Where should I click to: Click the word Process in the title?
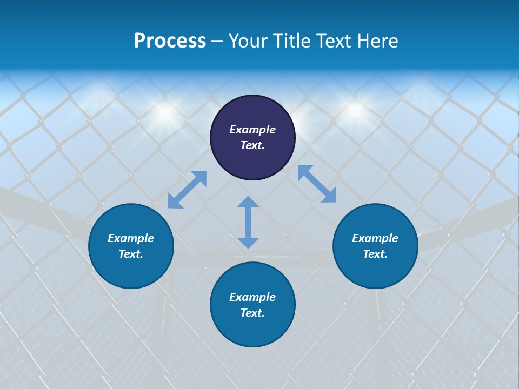click(x=170, y=41)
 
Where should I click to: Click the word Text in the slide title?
click(x=335, y=41)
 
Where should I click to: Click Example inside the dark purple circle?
click(x=252, y=130)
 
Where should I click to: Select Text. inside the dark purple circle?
click(x=252, y=145)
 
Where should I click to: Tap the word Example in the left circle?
click(x=131, y=238)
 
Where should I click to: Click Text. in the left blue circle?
click(x=131, y=254)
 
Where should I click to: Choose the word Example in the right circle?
click(x=375, y=238)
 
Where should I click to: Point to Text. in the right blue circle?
click(x=375, y=254)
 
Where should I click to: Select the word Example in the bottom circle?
click(x=252, y=297)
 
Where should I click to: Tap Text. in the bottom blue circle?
click(x=252, y=313)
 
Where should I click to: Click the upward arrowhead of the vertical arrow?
click(x=248, y=202)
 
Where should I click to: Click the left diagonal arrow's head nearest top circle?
click(x=201, y=177)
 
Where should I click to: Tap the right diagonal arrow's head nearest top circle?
click(x=304, y=171)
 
